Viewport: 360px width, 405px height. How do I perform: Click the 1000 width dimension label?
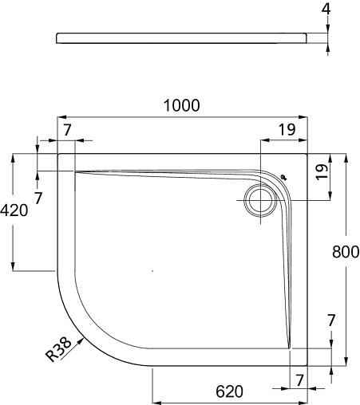pyautogui.click(x=181, y=105)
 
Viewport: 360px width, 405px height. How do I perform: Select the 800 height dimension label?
pyautogui.click(x=346, y=252)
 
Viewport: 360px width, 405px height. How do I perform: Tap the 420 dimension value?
pyautogui.click(x=14, y=210)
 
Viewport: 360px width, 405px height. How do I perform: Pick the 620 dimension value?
pyautogui.click(x=229, y=391)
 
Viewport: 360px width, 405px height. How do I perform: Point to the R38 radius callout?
pyautogui.click(x=59, y=349)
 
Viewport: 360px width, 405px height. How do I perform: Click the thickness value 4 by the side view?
pyautogui.click(x=326, y=10)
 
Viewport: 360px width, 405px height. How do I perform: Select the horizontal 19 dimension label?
pyautogui.click(x=287, y=130)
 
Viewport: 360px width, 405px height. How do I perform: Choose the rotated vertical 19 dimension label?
pyautogui.click(x=322, y=172)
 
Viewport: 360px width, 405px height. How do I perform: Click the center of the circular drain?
pyautogui.click(x=260, y=200)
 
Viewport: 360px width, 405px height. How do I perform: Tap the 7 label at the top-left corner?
pyautogui.click(x=68, y=130)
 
